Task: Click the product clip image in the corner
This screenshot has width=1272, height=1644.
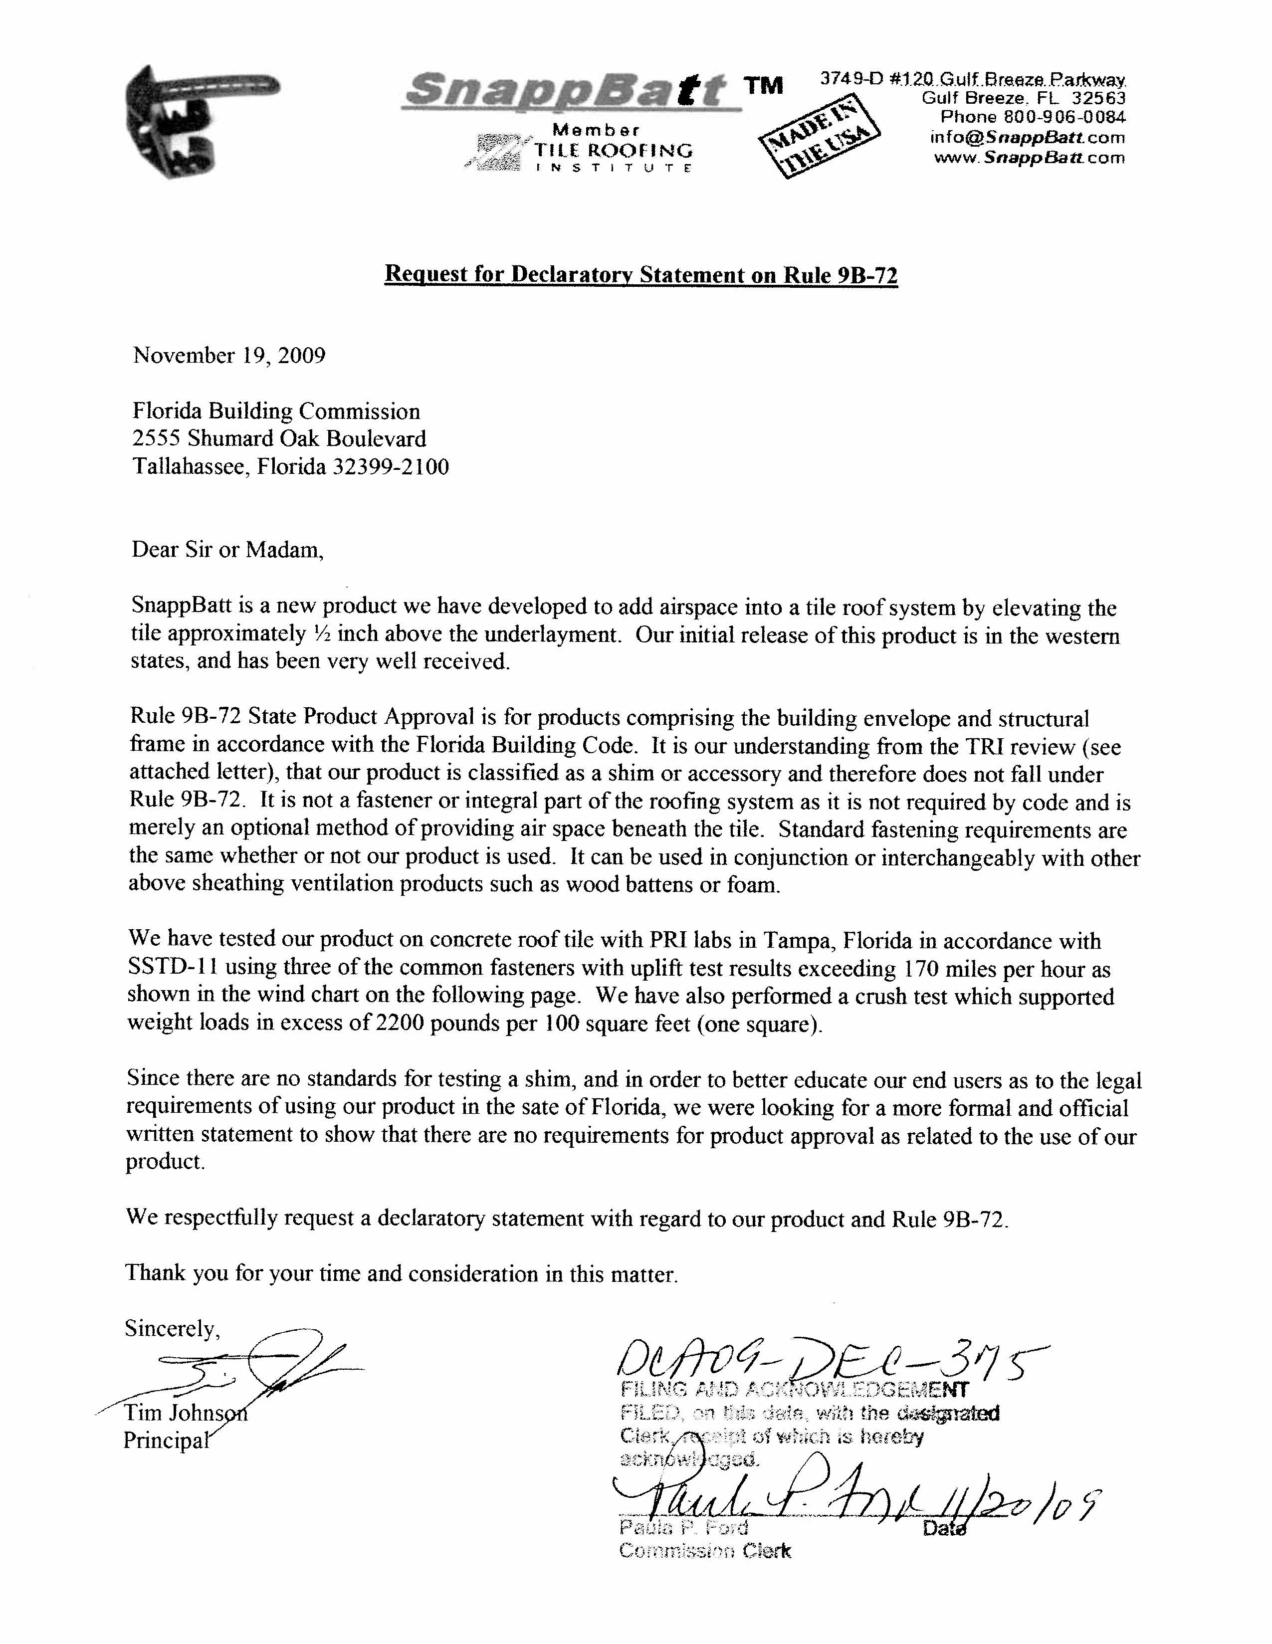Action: [196, 120]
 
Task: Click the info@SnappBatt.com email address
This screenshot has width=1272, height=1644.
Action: [1028, 138]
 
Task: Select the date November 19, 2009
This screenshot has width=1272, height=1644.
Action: [229, 355]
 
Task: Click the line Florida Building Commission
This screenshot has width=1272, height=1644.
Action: [276, 411]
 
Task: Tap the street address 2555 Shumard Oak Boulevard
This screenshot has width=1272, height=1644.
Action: [279, 439]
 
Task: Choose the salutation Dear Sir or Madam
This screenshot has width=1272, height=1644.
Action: [227, 550]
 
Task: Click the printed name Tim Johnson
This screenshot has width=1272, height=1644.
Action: [185, 1413]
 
